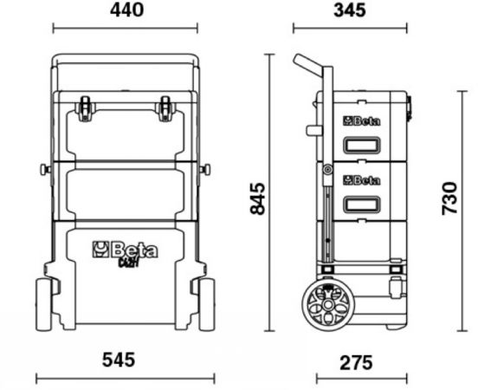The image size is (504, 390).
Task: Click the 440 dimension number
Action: [126, 10]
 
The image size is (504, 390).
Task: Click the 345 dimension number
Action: [349, 10]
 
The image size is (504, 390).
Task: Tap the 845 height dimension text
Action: [258, 198]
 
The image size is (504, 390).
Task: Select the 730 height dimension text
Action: [449, 198]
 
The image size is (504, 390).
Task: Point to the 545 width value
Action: [119, 360]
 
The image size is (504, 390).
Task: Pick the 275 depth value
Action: [356, 362]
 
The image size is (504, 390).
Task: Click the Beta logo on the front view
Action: [126, 250]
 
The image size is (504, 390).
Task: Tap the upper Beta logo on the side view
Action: [362, 121]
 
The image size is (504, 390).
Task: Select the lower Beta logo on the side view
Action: [362, 180]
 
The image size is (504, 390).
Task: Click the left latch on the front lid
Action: [85, 108]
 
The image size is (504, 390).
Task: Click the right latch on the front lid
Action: [165, 108]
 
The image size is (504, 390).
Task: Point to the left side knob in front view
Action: [46, 169]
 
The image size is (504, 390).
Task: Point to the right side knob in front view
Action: [204, 169]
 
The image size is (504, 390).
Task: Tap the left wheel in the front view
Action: [42, 305]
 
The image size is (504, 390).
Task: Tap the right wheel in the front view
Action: [207, 305]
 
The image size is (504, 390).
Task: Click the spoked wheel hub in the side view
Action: [327, 304]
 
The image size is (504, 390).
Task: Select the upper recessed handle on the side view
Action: [362, 145]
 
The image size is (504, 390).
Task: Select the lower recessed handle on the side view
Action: [362, 205]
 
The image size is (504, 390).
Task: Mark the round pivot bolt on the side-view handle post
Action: [327, 170]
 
